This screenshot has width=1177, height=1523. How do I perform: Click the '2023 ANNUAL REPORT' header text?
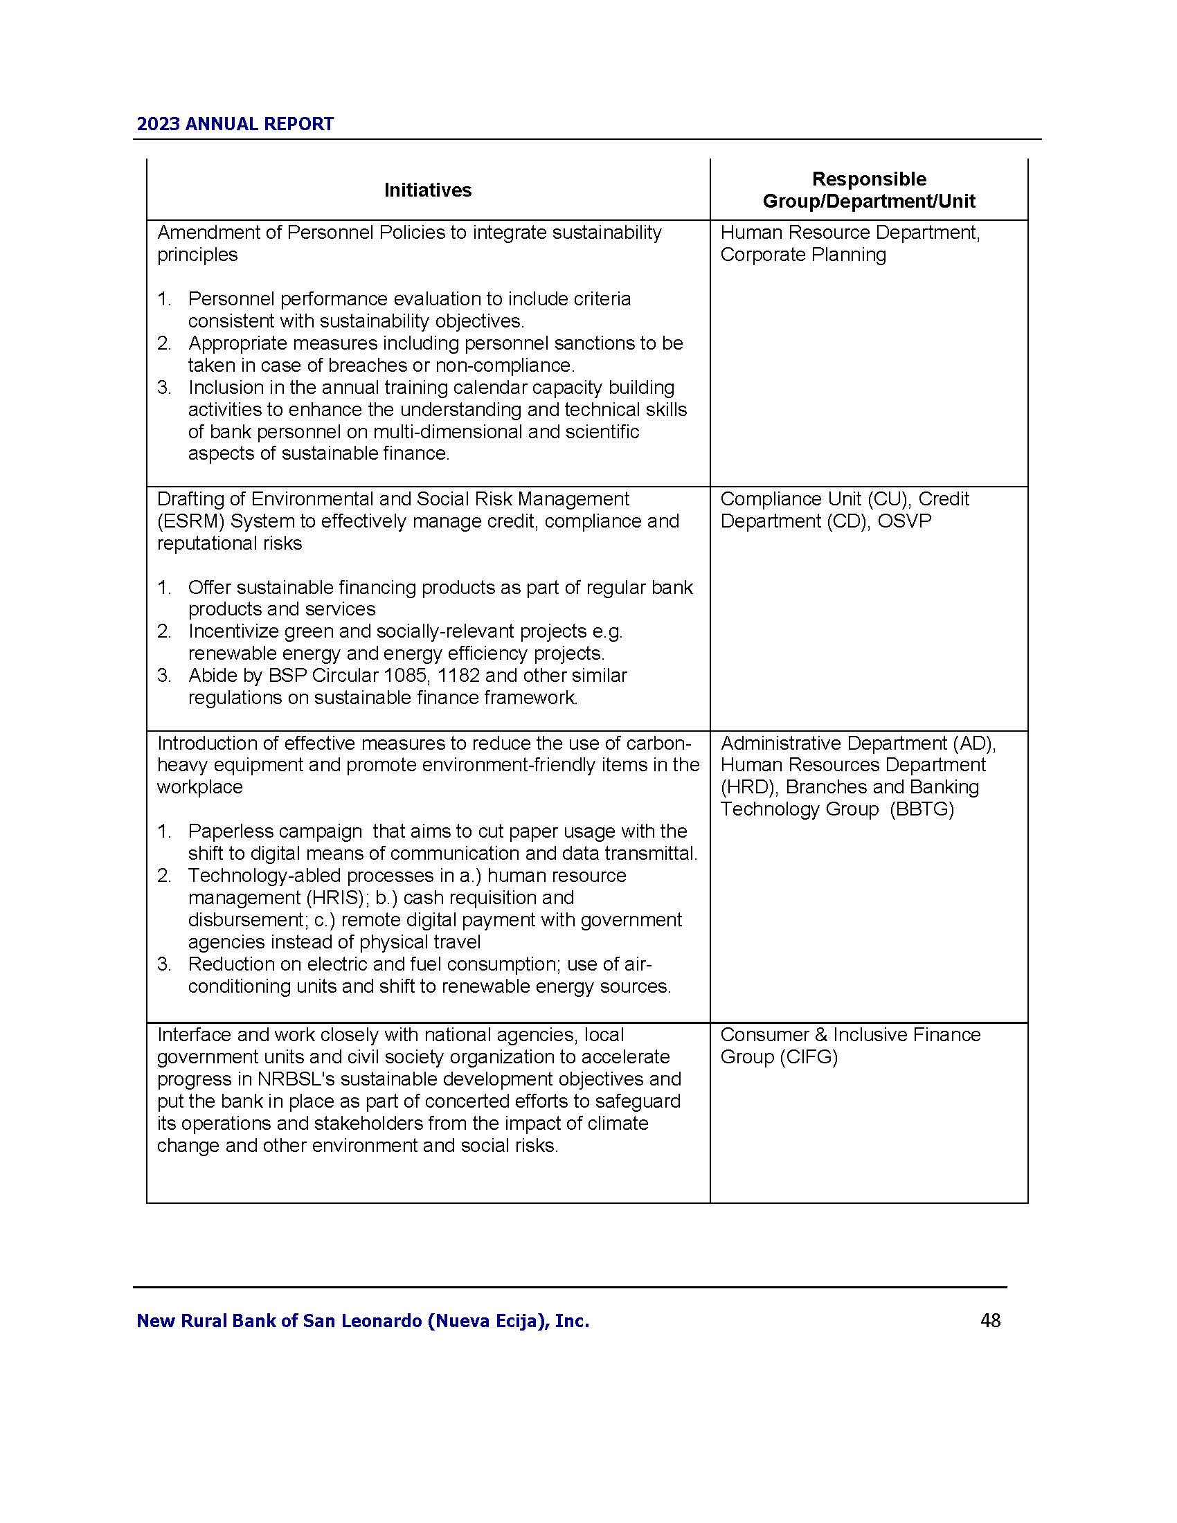[235, 124]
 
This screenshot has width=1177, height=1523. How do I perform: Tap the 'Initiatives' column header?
[427, 190]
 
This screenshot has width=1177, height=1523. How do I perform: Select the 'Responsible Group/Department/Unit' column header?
[868, 190]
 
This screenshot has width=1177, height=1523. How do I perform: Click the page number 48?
[990, 1320]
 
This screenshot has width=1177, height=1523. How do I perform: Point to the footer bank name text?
[363, 1321]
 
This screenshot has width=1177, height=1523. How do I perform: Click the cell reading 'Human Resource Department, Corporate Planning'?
[850, 244]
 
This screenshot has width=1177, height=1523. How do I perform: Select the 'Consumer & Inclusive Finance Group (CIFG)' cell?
[850, 1045]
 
